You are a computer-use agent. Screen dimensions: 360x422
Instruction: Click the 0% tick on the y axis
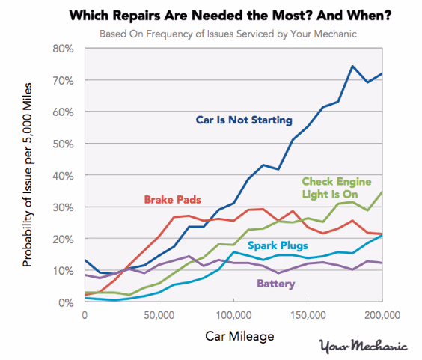click(x=66, y=302)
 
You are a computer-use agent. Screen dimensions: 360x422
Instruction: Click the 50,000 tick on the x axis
click(x=159, y=315)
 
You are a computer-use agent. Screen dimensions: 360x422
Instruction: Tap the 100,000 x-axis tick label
click(x=233, y=315)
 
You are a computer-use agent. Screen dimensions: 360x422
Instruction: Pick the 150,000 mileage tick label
click(x=308, y=315)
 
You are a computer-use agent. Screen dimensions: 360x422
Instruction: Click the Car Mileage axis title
click(x=233, y=336)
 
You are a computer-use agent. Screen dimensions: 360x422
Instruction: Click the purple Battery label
click(x=276, y=284)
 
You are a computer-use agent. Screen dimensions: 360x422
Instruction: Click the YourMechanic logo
click(x=363, y=346)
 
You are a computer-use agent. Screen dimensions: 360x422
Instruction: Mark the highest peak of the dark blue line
click(x=352, y=66)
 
